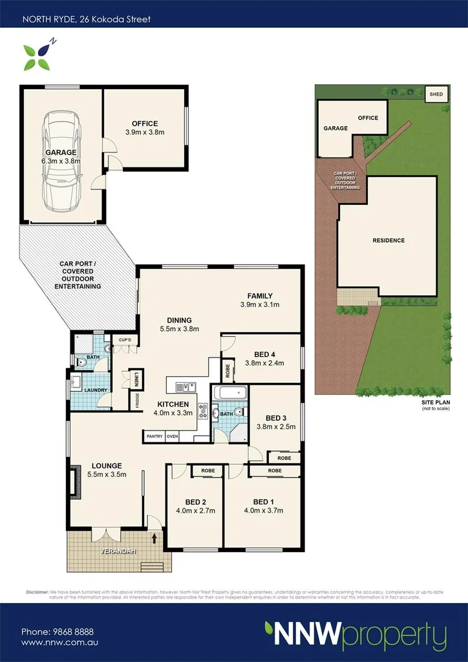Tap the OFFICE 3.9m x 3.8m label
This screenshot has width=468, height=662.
pyautogui.click(x=145, y=128)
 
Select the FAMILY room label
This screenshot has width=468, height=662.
pyautogui.click(x=260, y=300)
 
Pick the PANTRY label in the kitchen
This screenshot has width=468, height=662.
pyautogui.click(x=154, y=436)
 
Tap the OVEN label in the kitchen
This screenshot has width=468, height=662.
pyautogui.click(x=172, y=436)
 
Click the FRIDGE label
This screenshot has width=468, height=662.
pyautogui.click(x=137, y=401)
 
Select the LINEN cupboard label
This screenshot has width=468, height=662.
pyautogui.click(x=137, y=378)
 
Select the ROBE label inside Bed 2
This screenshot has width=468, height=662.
pyautogui.click(x=207, y=471)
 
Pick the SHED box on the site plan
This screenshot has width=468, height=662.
pyautogui.click(x=436, y=94)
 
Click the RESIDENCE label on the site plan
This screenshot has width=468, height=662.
pyautogui.click(x=388, y=240)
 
